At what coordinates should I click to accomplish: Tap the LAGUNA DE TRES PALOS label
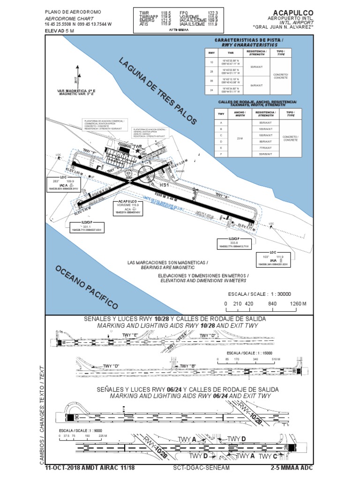pyautogui.click(x=157, y=92)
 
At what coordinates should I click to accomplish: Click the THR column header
pyautogui.click(x=230, y=53)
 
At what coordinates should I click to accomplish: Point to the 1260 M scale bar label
pyautogui.click(x=298, y=304)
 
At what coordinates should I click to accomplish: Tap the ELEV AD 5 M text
pyautogui.click(x=60, y=30)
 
